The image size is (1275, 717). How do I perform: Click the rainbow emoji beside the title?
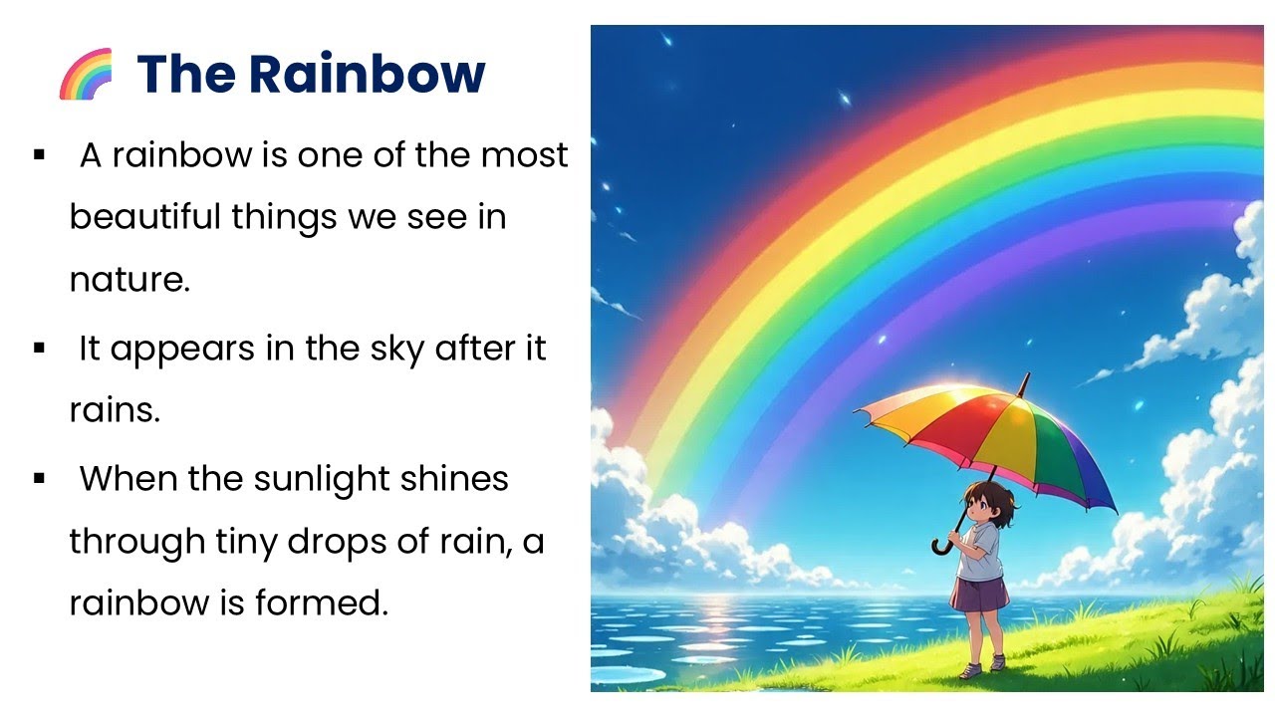pos(86,75)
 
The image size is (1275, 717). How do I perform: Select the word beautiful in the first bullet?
pos(145,217)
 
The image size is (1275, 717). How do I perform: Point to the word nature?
pos(128,280)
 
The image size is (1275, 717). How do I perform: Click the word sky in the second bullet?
pos(394,350)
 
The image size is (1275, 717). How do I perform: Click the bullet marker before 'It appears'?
pos(40,350)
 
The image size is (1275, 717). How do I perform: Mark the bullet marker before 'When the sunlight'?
pos(40,479)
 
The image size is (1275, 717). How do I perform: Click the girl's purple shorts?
pos(979,595)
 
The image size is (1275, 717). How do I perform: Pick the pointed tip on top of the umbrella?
pos(1025,378)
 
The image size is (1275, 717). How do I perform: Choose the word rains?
pos(115,411)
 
